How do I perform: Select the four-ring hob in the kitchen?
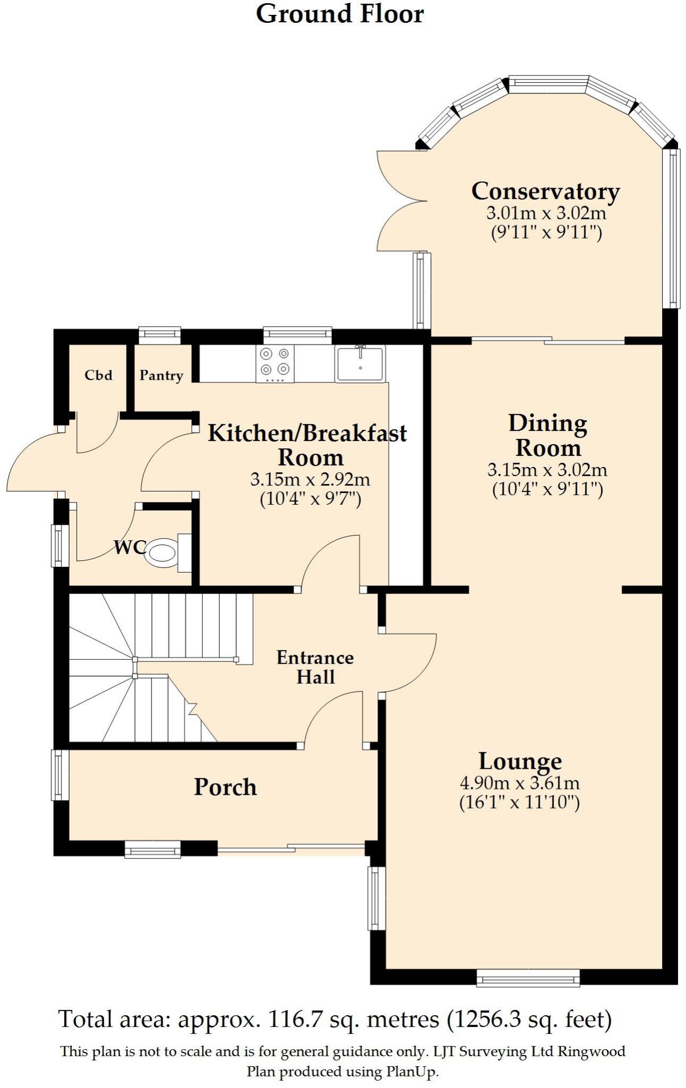coord(275,363)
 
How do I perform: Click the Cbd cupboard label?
coord(99,375)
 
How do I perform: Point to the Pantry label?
coord(161,375)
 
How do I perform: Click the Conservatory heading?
coord(545,191)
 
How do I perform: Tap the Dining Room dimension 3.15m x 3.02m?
coord(547,470)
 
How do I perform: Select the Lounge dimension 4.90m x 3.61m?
coord(519,783)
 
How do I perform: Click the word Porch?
coord(225,787)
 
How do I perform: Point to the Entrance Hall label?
coord(315,667)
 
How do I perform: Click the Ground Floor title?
coord(340,14)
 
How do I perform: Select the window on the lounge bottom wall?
coord(528,977)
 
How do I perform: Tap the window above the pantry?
coord(159,335)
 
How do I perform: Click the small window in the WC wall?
coord(59,546)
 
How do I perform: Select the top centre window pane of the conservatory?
coord(547,83)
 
